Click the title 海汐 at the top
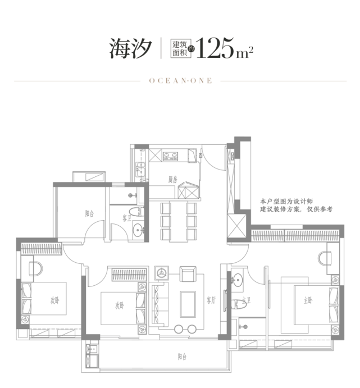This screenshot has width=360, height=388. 130,49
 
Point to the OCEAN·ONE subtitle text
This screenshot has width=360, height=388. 180,81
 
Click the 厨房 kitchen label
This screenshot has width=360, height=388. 172,180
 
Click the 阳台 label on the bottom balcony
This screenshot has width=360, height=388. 182,357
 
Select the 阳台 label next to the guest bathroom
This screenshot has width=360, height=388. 89,213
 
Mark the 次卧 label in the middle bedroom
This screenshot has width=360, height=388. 119,306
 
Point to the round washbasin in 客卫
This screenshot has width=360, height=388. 138,229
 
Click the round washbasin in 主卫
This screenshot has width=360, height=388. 238,278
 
